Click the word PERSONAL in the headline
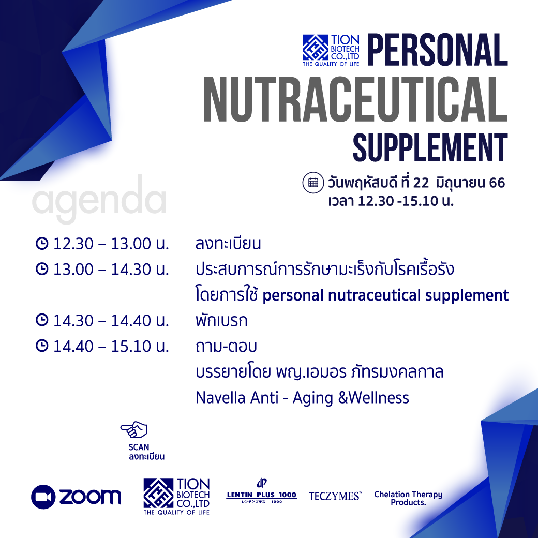coord(438,50)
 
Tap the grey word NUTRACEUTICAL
coord(355,99)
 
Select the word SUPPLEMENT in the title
coord(430,148)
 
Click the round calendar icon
coord(313,183)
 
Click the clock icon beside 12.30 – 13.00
coord(42,243)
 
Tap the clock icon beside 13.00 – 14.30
coord(42,269)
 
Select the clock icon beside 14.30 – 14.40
coord(42,320)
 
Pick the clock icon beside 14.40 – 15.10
coord(42,346)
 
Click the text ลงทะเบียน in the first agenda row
coord(228,243)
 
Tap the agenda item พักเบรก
coord(221,320)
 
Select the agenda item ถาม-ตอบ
coord(226,346)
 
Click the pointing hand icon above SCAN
coord(134,429)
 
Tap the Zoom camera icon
coord(43,497)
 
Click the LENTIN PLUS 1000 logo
coord(261,491)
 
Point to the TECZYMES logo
coord(335,496)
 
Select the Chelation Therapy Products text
coord(408,498)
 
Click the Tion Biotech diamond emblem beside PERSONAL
coord(316,48)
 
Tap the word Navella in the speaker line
coord(219,398)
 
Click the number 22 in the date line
coord(421,183)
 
